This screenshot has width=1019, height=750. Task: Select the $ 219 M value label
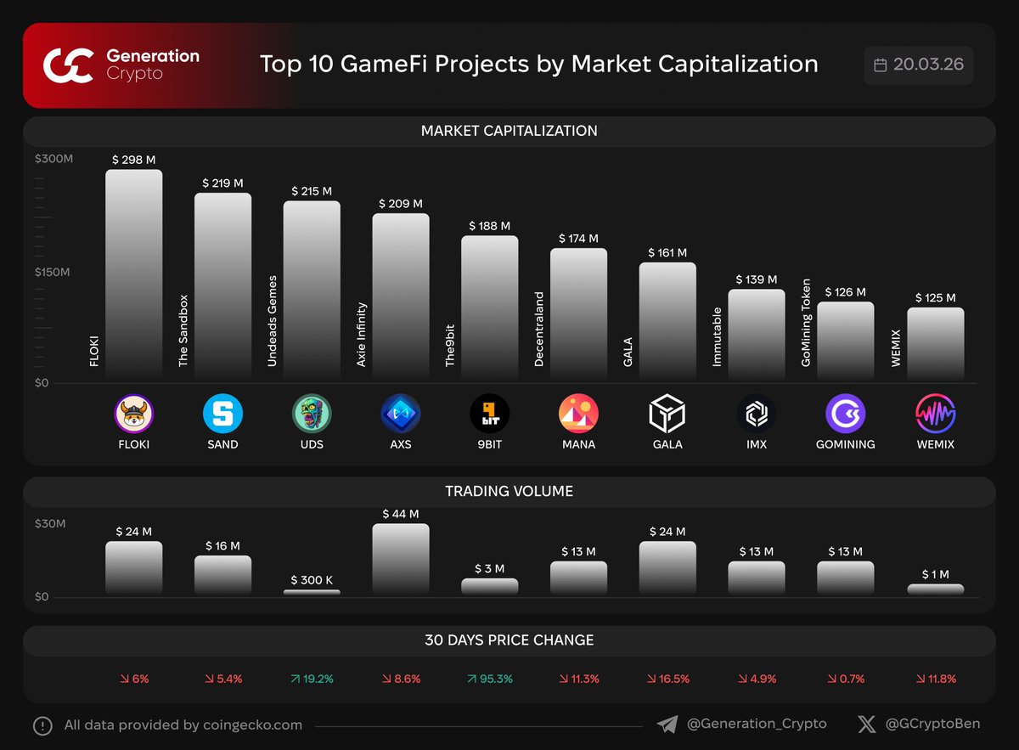(222, 183)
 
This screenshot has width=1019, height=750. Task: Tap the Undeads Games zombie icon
(312, 414)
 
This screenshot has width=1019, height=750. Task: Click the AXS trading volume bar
(401, 559)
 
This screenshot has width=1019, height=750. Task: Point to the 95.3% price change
(490, 679)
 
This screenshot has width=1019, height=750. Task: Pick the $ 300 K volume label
(312, 580)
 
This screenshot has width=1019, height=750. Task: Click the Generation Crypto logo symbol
(68, 65)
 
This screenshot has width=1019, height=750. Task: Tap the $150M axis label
(53, 272)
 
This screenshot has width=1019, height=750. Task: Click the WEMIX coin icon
(935, 414)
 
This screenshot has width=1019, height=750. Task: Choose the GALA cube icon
(667, 414)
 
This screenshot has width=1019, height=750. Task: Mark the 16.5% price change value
(667, 679)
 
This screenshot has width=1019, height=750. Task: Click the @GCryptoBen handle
(932, 725)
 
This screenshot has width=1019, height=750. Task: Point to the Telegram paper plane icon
(667, 725)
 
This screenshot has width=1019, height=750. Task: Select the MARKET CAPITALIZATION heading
(509, 131)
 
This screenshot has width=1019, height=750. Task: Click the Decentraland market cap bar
(578, 314)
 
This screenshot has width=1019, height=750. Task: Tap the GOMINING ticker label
(846, 444)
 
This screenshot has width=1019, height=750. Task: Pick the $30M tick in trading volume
(50, 523)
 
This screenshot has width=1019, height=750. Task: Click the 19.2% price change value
(312, 679)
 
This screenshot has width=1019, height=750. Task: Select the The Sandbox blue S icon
(222, 414)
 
